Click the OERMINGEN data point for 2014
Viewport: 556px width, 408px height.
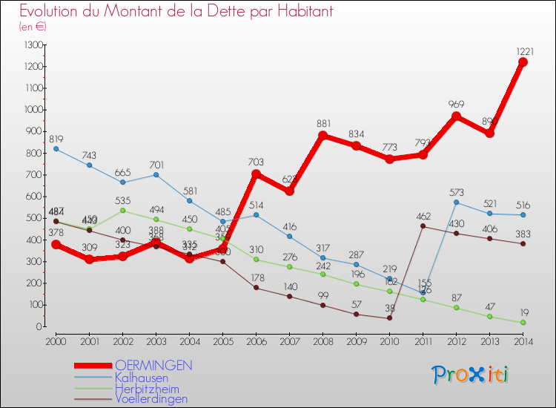pyautogui.click(x=523, y=62)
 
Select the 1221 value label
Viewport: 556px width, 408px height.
pyautogui.click(x=523, y=51)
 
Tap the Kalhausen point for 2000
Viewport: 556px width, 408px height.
pyautogui.click(x=56, y=149)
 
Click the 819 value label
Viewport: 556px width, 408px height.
pyautogui.click(x=56, y=139)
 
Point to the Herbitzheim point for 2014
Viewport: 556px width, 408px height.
pyautogui.click(x=523, y=322)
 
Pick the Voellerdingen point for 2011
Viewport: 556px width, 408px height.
pyautogui.click(x=423, y=226)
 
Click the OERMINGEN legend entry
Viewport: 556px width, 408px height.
pyautogui.click(x=154, y=366)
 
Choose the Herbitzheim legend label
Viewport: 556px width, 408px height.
pyautogui.click(x=147, y=388)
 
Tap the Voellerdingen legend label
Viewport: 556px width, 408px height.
pyautogui.click(x=151, y=398)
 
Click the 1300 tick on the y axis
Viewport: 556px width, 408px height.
pyautogui.click(x=33, y=45)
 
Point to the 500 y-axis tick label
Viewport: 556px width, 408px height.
pyautogui.click(x=33, y=218)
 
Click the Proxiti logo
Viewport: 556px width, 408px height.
pyautogui.click(x=470, y=375)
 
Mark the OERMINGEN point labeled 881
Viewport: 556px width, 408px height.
pyautogui.click(x=322, y=136)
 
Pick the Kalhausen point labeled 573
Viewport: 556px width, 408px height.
pyautogui.click(x=456, y=203)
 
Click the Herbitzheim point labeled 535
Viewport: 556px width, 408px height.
pyautogui.click(x=123, y=211)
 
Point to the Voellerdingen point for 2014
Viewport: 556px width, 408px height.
pyautogui.click(x=523, y=243)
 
